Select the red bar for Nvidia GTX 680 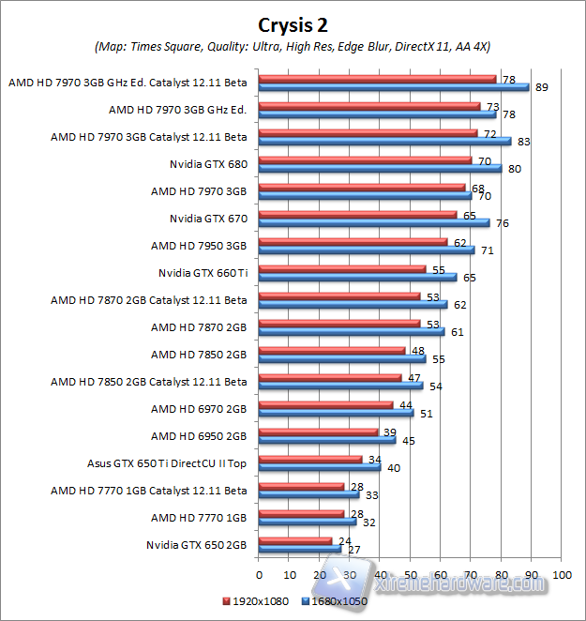365,160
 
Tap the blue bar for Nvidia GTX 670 373,223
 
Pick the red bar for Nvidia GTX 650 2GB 294,540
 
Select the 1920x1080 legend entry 259,600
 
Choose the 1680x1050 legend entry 337,600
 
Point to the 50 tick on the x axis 410,574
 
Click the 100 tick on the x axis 562,574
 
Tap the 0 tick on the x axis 259,574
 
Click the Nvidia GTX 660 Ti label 203,273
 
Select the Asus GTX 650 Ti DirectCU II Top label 166,462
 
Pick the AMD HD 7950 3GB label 199,246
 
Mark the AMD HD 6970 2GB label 199,408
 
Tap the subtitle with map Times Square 293,46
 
